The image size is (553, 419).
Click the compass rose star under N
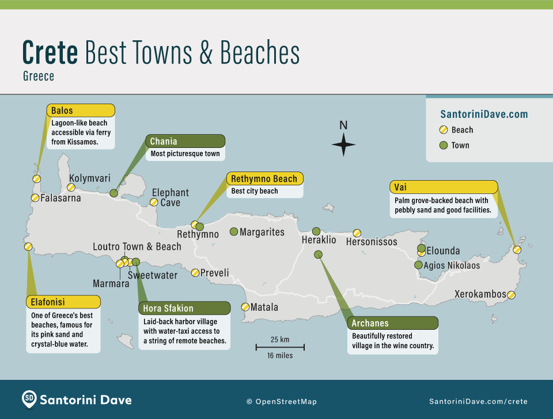343,144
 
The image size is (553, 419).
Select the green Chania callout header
185,142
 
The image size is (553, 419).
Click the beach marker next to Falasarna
35,198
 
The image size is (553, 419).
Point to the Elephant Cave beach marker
154,202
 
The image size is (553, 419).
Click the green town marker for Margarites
234,231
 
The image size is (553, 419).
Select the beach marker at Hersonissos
357,233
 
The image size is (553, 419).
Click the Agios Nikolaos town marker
418,265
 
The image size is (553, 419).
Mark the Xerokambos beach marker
511,295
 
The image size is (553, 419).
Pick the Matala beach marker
245,307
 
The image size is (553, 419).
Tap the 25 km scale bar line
281,347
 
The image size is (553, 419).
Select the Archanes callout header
392,323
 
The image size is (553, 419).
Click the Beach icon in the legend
444,130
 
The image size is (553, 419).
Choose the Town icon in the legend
444,145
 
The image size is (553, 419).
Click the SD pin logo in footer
29,398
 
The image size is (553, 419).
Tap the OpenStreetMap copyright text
282,402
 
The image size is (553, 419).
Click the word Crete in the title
50,53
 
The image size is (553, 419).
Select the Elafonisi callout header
63,302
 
